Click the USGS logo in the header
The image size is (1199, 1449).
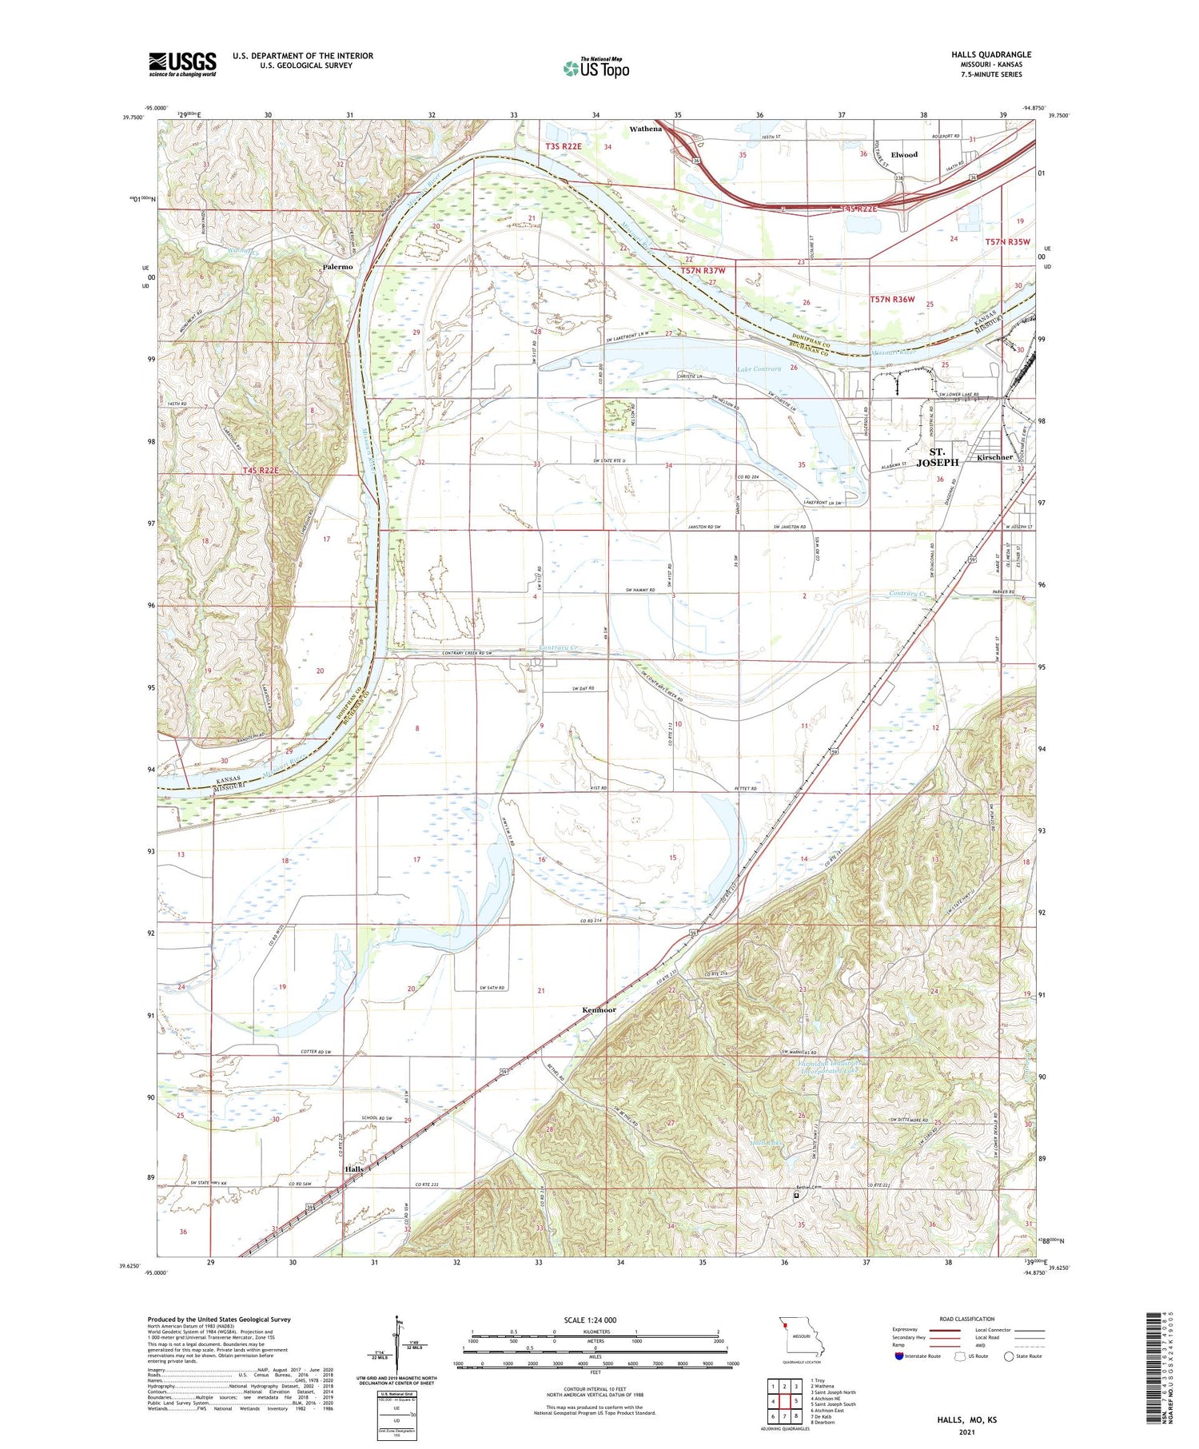point(182,64)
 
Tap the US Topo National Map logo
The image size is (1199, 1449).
point(596,68)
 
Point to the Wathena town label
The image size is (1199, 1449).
point(645,129)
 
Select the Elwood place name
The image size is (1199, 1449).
point(904,155)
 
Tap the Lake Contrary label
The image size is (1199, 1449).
point(759,369)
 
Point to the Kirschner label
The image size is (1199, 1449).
point(995,458)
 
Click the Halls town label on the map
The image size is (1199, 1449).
point(354,1168)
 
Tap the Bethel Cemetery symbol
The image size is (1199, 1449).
point(796,1196)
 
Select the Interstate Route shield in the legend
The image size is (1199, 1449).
point(899,1356)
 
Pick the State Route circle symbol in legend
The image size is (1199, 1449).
point(1010,1356)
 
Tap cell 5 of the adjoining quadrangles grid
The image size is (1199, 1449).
point(795,1401)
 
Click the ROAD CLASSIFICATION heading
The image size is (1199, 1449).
point(967,1319)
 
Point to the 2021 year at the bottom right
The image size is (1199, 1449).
point(967,1432)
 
